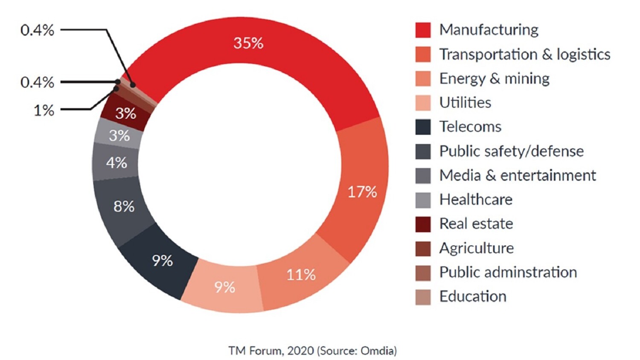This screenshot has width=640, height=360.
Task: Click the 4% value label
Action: pyautogui.click(x=116, y=163)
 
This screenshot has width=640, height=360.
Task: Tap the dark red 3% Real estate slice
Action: pyautogui.click(x=125, y=113)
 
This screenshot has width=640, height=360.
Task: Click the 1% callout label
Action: pyautogui.click(x=44, y=110)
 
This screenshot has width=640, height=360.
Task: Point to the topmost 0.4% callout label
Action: pyautogui.click(x=38, y=30)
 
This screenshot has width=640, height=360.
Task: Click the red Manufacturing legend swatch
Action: pyautogui.click(x=423, y=30)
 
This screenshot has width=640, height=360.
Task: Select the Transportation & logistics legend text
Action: pyautogui.click(x=524, y=55)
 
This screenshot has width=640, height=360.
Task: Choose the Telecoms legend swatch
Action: pyautogui.click(x=423, y=127)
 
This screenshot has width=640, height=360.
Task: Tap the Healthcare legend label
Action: pyautogui.click(x=476, y=200)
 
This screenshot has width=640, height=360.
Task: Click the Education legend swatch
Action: pyautogui.click(x=423, y=297)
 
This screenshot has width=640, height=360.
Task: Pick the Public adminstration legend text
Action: pyautogui.click(x=508, y=273)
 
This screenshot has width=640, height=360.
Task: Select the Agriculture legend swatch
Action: pyautogui.click(x=423, y=248)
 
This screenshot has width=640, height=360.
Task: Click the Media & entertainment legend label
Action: pyautogui.click(x=517, y=175)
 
